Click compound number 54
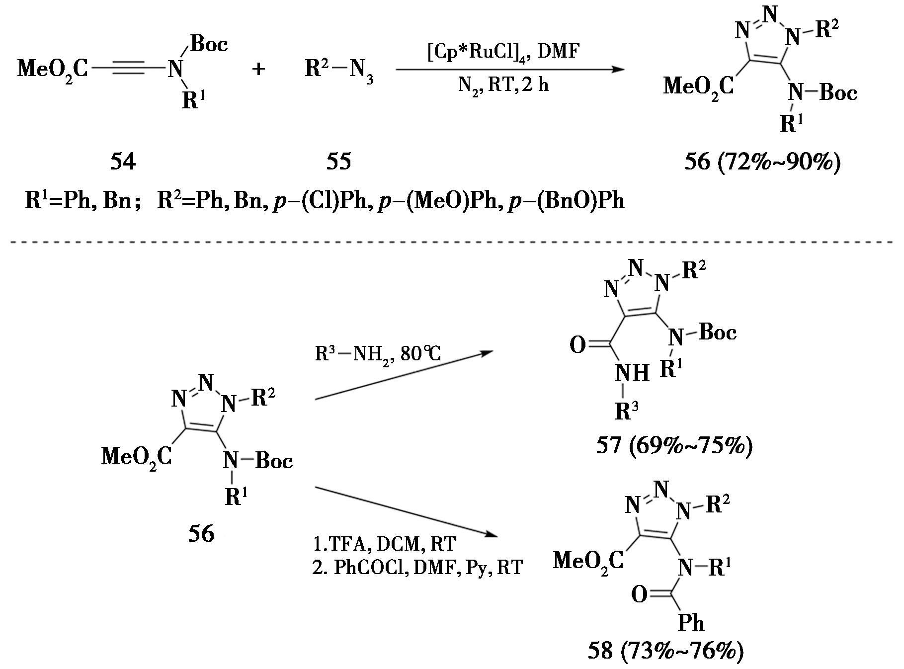coord(123,162)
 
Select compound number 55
coord(338,162)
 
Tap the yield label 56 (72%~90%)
coord(762,162)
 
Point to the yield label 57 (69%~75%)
coord(674,445)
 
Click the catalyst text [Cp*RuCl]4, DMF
coord(503,51)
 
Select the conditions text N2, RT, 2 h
coord(503,85)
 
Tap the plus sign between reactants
coord(258,69)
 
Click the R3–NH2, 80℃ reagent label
coord(378,354)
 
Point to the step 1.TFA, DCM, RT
coord(384,544)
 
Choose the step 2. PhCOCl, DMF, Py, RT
coord(417,567)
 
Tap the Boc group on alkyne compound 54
coord(209,44)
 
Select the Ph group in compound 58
coord(691,622)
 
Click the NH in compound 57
coord(632,372)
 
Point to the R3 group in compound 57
coord(627,412)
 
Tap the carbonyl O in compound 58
coord(640,594)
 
